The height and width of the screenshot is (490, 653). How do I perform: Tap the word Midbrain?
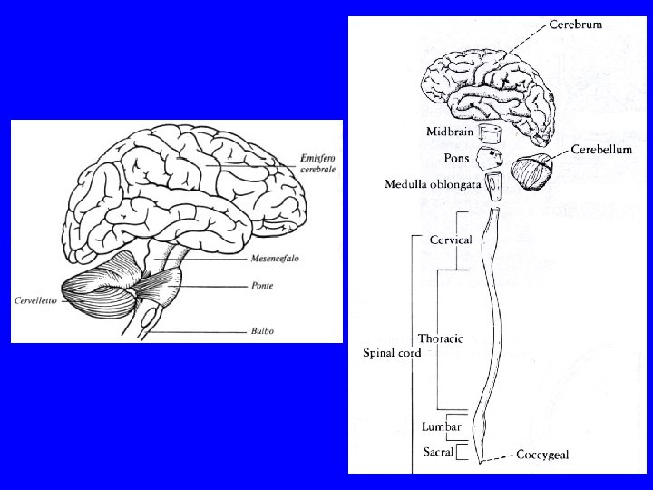(449, 132)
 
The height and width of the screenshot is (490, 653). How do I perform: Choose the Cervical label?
(450, 240)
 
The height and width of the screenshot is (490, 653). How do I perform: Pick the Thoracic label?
(440, 338)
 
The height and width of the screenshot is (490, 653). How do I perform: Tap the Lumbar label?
(442, 426)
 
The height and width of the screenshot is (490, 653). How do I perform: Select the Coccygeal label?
(543, 456)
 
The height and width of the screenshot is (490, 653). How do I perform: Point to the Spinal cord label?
(391, 352)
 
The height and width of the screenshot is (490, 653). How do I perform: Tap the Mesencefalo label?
(275, 259)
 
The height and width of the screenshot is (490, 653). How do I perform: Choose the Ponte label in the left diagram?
(264, 284)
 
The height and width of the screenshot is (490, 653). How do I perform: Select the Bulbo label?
(264, 331)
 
